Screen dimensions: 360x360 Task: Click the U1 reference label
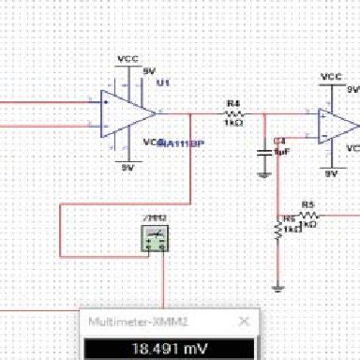164,83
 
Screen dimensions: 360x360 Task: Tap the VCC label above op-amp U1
127,58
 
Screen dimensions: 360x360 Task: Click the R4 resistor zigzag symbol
233,113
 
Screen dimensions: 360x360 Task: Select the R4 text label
233,102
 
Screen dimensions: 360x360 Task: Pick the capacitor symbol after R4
265,148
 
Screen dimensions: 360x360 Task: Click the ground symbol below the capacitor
265,172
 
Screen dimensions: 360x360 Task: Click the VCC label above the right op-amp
330,76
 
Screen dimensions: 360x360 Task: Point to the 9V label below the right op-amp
331,174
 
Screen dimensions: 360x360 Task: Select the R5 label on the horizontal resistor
307,203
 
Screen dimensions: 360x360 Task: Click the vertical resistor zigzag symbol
277,229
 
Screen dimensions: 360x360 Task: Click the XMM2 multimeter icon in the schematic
155,239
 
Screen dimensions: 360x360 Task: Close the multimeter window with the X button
246,322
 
